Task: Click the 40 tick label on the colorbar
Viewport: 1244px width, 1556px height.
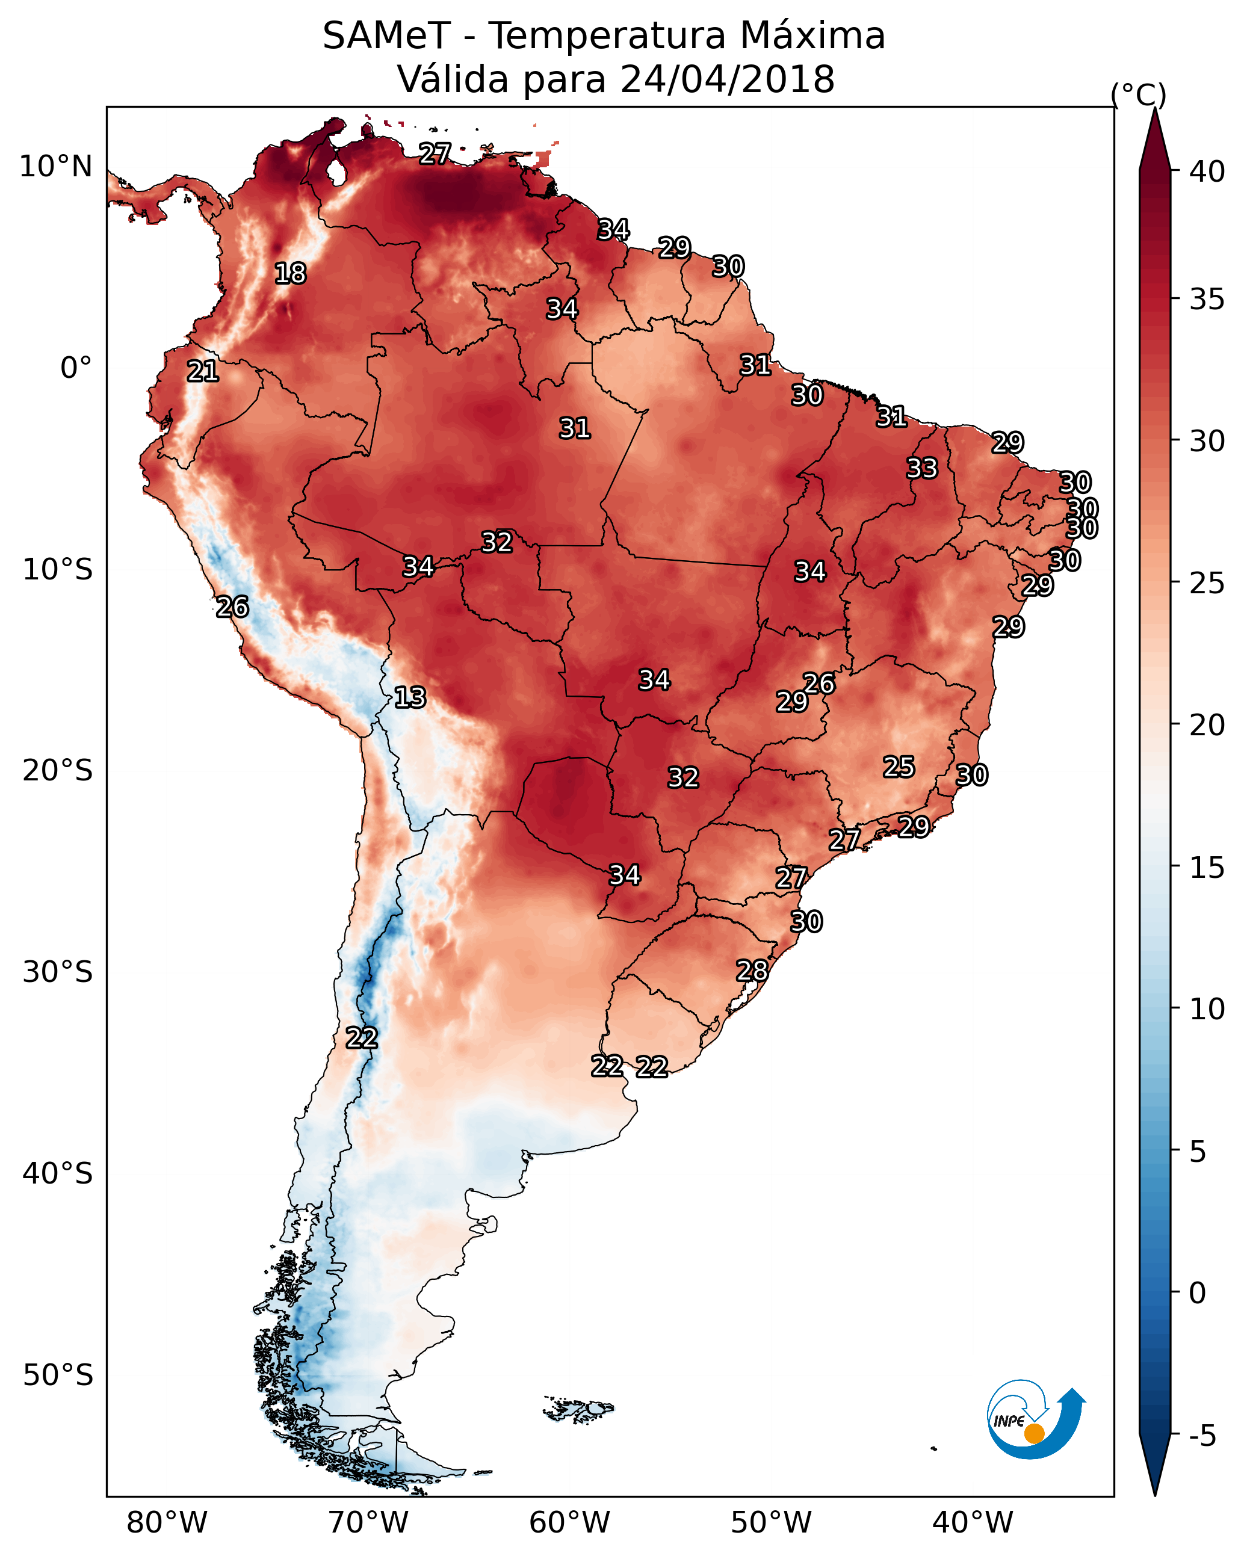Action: click(x=1207, y=171)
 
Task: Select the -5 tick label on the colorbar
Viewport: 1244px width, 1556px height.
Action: click(x=1202, y=1436)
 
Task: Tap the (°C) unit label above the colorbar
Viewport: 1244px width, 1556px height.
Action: click(x=1139, y=94)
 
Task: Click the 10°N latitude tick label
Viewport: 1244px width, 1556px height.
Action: click(x=55, y=167)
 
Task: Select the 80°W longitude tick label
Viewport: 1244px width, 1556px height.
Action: click(x=167, y=1523)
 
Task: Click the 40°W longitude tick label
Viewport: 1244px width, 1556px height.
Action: click(x=973, y=1523)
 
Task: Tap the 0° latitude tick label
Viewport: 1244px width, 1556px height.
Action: click(x=76, y=368)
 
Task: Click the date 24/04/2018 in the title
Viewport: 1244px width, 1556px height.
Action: click(x=727, y=79)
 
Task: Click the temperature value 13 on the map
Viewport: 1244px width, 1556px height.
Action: click(x=410, y=698)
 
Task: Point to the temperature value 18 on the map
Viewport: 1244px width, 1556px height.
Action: click(x=290, y=274)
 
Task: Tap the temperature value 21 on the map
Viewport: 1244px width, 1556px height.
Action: click(x=203, y=372)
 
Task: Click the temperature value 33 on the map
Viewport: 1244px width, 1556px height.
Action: click(x=922, y=468)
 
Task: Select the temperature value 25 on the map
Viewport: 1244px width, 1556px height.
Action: click(x=899, y=767)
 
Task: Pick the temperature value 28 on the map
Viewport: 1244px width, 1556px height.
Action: click(x=752, y=971)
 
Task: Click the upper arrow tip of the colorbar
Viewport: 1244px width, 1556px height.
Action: click(x=1154, y=108)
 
